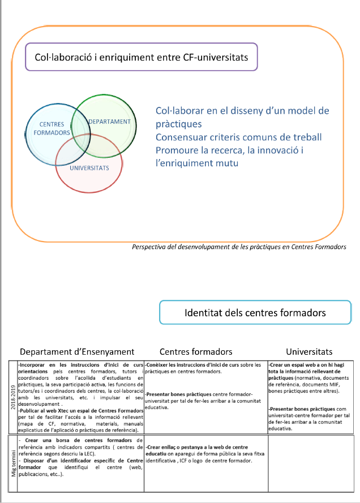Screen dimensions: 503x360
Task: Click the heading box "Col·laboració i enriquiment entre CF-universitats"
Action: tap(142, 57)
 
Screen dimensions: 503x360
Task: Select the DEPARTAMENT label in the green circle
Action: tap(109, 122)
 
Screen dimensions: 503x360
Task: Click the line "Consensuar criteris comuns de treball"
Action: tap(238, 137)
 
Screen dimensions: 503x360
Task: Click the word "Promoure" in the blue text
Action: tap(177, 150)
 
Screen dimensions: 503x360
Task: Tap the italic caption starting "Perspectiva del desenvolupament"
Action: tap(238, 247)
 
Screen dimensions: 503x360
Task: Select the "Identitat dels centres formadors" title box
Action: tap(255, 313)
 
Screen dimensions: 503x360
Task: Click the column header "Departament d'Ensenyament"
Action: tap(77, 351)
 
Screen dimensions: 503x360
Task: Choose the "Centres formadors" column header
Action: tap(196, 351)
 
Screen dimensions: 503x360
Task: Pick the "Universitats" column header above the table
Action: tap(309, 351)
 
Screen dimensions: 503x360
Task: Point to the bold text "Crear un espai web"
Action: tap(297, 365)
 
